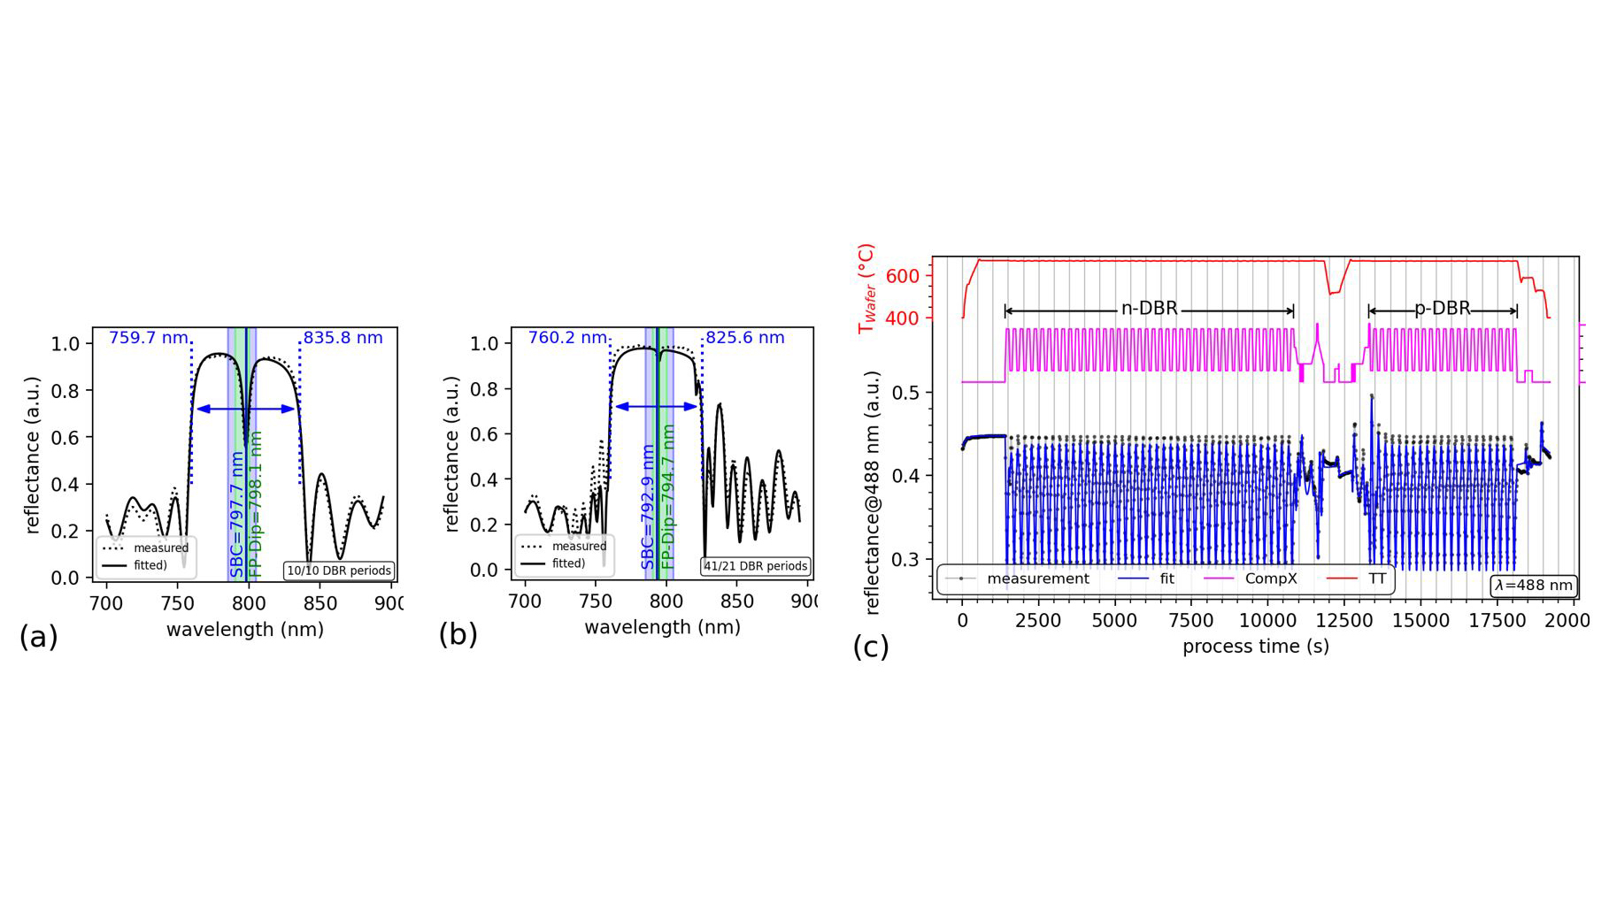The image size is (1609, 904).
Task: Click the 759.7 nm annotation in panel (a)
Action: click(x=148, y=338)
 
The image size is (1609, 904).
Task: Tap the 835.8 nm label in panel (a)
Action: click(x=343, y=338)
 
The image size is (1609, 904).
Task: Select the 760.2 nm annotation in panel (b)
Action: click(x=567, y=338)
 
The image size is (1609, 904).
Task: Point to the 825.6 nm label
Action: click(x=744, y=338)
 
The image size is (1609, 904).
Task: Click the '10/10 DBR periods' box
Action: click(x=339, y=571)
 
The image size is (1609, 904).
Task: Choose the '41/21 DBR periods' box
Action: click(x=756, y=566)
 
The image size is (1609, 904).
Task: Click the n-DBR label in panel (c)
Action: click(x=1149, y=309)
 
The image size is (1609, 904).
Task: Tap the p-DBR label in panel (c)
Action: click(x=1442, y=309)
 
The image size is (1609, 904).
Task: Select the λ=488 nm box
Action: click(x=1534, y=585)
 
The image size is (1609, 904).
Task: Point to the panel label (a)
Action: click(x=38, y=637)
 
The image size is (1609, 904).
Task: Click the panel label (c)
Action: click(x=870, y=647)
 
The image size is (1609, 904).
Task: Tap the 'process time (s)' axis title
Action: click(x=1255, y=647)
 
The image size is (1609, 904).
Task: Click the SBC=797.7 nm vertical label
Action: click(x=236, y=514)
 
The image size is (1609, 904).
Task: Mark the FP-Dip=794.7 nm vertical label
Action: click(x=669, y=497)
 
